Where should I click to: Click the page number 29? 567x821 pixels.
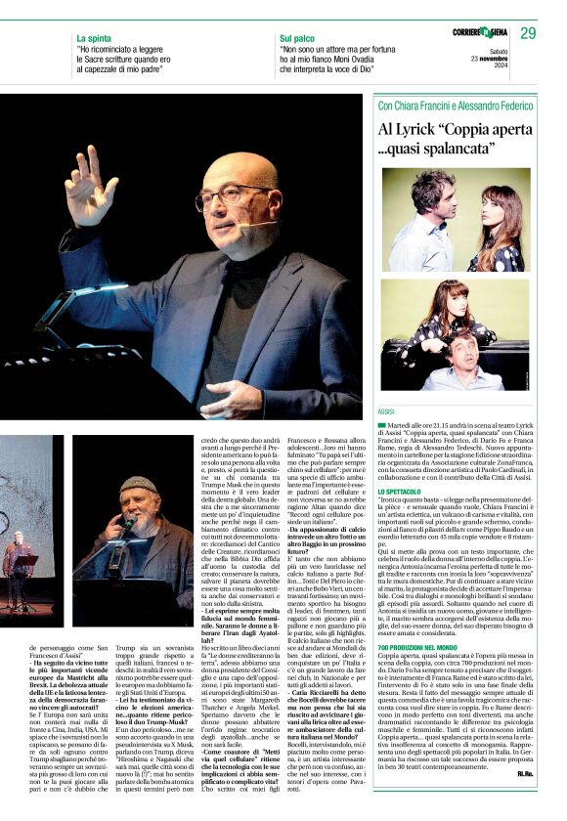point(528,33)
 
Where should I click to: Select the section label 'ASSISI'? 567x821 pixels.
point(386,413)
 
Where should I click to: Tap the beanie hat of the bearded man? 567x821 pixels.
point(138,485)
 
